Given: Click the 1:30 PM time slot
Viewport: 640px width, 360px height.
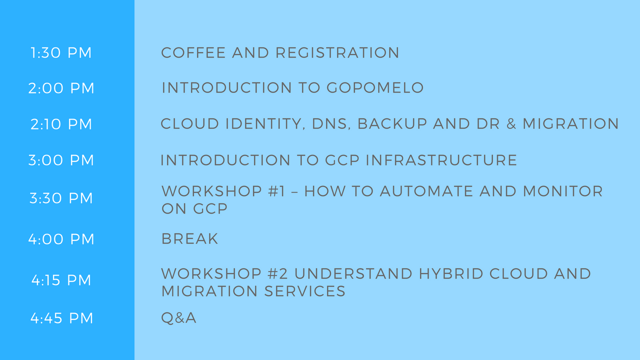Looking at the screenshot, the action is [x=61, y=53].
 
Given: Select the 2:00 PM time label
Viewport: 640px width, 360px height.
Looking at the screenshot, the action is [x=61, y=88].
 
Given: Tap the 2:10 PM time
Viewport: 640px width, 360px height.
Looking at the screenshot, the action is [x=61, y=124].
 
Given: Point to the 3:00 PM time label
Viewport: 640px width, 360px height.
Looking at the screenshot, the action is [x=61, y=160].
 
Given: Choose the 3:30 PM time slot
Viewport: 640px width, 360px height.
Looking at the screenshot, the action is [x=61, y=198].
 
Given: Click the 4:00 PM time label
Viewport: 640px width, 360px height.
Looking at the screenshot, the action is [x=61, y=239].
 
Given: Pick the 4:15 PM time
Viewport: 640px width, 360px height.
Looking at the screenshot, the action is [x=61, y=280].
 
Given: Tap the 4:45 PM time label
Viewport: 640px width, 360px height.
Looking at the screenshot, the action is [x=61, y=318].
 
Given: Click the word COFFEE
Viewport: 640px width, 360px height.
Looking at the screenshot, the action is [x=193, y=53].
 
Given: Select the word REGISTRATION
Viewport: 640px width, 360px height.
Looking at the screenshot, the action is [x=337, y=53].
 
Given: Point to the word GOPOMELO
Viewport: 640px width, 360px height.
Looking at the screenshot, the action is [x=375, y=87].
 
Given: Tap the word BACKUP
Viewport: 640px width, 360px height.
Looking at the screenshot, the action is [x=392, y=124].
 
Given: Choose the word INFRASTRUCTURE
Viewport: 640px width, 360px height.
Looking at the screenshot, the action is [x=441, y=160].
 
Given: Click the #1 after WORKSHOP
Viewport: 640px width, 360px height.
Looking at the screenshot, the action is [x=277, y=191].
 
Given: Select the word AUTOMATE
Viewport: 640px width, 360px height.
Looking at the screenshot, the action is [x=426, y=191].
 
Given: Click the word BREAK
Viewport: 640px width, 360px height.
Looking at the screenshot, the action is [x=189, y=239].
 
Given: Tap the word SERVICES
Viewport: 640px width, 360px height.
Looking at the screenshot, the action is [x=305, y=291].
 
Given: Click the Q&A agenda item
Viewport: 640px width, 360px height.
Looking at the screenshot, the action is [x=179, y=318].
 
